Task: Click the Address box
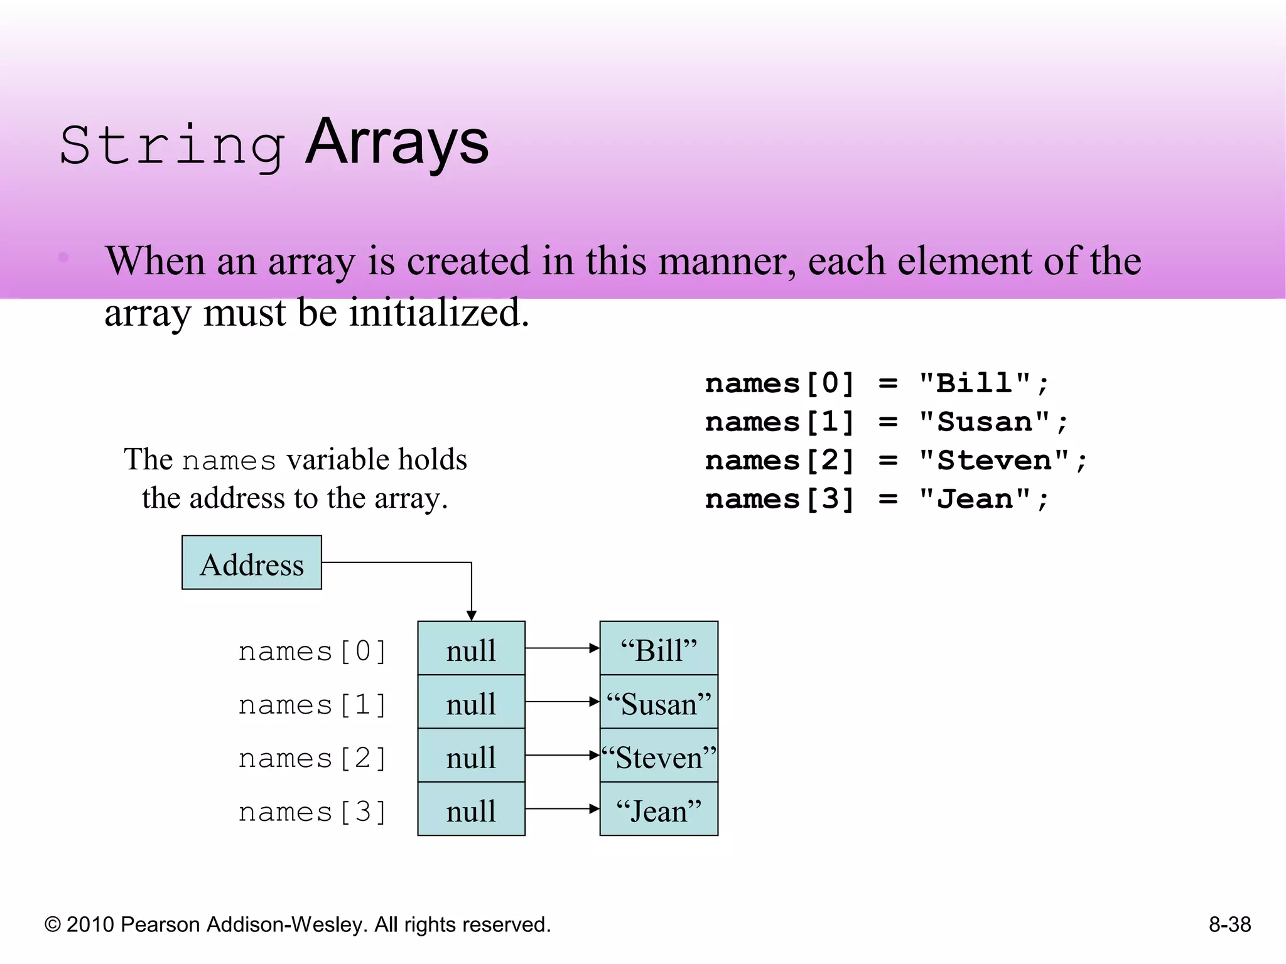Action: click(x=251, y=563)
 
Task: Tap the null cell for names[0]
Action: click(x=471, y=649)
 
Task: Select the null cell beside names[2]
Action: click(x=471, y=756)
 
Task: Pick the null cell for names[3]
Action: click(x=471, y=810)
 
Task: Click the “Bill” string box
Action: click(x=659, y=649)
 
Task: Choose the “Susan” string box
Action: click(x=659, y=702)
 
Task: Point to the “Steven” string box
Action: click(x=659, y=756)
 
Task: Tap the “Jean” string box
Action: click(x=659, y=810)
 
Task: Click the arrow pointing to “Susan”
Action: click(x=562, y=702)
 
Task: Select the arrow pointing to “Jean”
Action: click(x=562, y=809)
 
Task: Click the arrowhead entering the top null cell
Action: click(x=472, y=615)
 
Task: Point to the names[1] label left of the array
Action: click(x=312, y=705)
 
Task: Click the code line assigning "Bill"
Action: click(x=877, y=383)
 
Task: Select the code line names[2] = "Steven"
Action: click(x=895, y=461)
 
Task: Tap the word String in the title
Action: click(x=172, y=146)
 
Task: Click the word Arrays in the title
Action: click(x=397, y=143)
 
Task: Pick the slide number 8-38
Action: click(x=1229, y=924)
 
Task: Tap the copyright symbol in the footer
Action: click(x=53, y=925)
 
